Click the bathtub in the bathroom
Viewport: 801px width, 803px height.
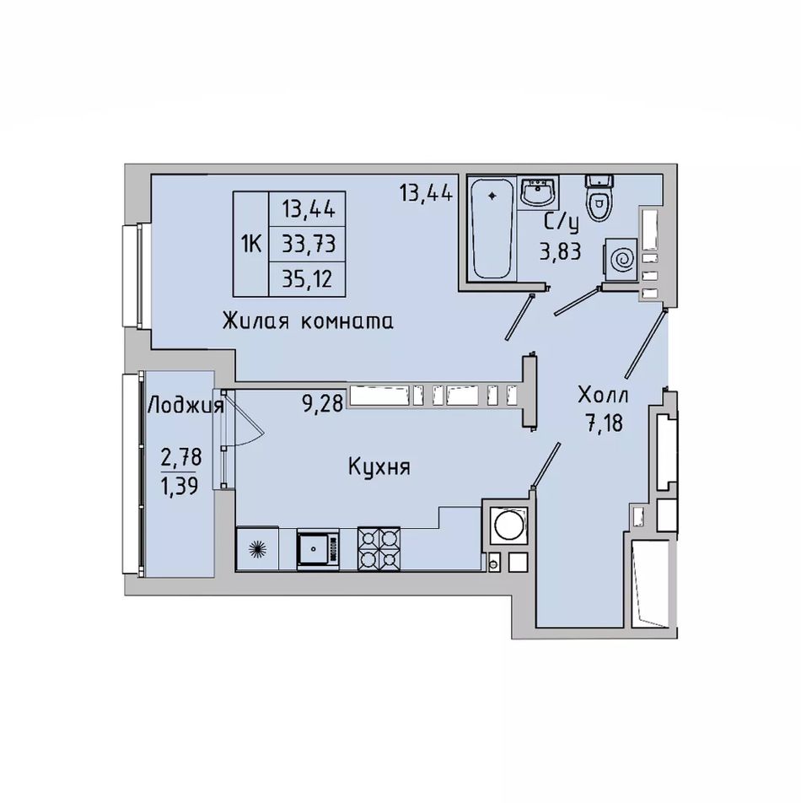492,228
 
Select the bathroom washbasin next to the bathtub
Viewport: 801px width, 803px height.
537,193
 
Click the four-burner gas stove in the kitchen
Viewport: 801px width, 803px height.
379,548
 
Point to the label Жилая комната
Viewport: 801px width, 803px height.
308,321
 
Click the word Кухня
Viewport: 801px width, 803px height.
379,467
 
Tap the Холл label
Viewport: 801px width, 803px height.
603,396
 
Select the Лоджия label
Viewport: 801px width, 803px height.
185,407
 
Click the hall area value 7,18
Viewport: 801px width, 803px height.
605,423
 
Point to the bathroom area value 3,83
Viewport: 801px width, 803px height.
561,251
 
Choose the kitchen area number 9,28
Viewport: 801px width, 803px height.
322,404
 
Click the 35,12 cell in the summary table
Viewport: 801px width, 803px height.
308,279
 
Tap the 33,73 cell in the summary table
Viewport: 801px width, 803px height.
308,244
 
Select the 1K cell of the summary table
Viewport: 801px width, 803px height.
251,244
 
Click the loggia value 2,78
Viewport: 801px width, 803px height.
181,456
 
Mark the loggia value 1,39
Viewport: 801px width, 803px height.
180,485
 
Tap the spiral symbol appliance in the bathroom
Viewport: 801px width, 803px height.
621,260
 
